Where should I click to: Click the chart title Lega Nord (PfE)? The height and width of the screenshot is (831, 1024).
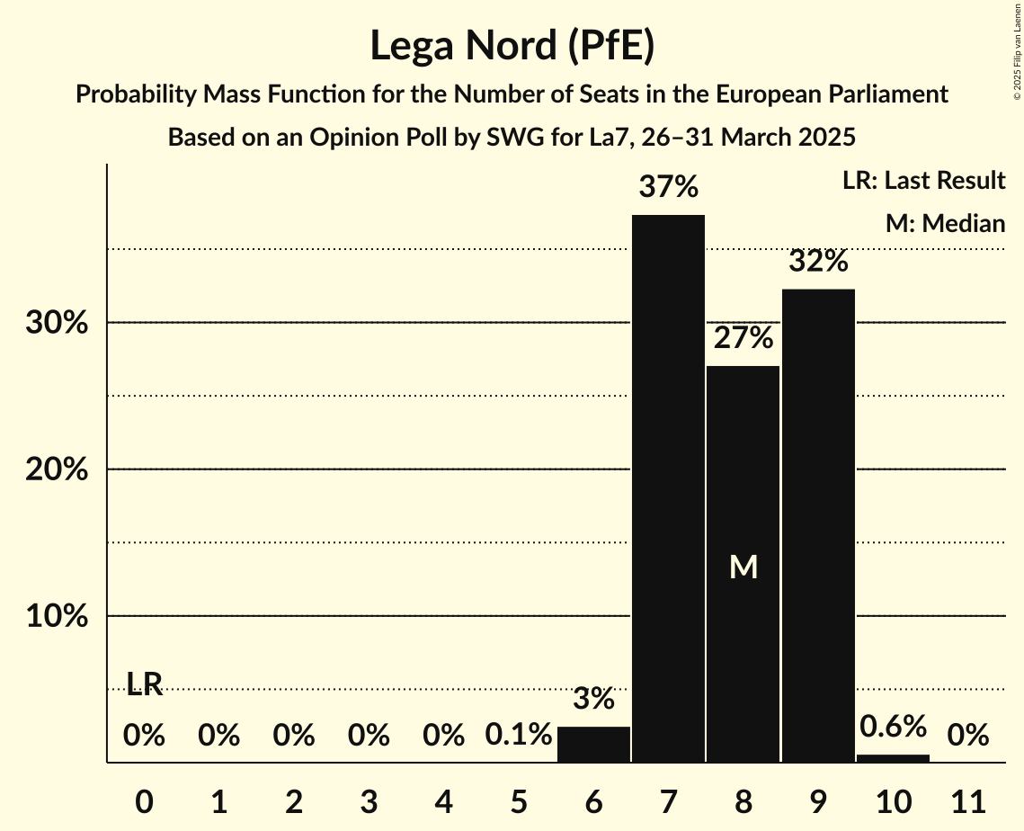512,47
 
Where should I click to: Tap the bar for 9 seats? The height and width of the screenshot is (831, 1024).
818,525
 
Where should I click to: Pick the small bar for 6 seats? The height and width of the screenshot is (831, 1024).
593,745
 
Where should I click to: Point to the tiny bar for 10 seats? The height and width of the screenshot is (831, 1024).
893,758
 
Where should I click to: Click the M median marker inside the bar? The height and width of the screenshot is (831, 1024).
744,567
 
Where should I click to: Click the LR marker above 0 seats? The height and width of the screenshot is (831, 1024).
144,685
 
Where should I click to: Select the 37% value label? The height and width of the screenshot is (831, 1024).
668,188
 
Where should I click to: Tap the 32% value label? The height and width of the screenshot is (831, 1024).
818,262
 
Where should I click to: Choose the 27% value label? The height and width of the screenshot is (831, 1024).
744,338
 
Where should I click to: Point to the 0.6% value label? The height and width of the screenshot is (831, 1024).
893,726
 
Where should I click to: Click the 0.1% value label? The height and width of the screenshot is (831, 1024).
519,736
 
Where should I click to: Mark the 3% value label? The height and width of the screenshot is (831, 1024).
593,698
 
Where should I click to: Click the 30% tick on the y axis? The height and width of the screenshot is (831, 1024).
57,323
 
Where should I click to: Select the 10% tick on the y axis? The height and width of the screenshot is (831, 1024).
57,617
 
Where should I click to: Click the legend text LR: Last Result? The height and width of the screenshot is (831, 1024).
923,181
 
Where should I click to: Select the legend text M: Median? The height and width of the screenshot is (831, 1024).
945,223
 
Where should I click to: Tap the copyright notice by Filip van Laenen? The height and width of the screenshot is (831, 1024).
1017,62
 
